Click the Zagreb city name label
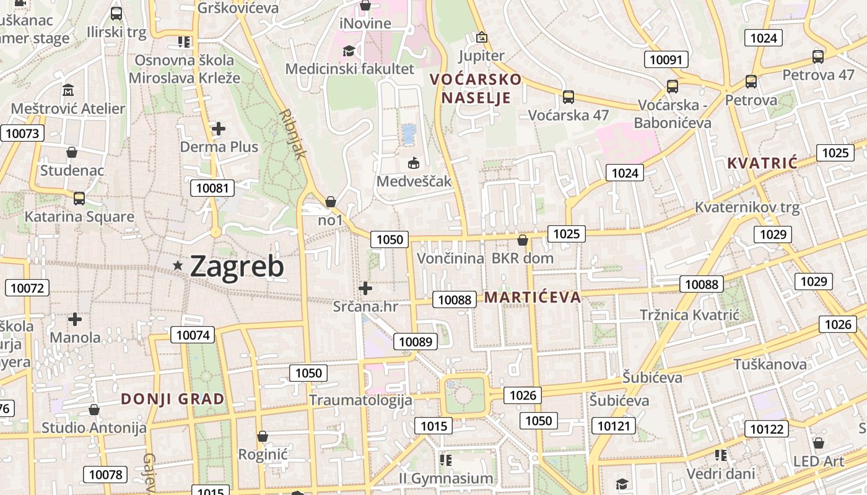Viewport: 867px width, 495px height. pos(237,266)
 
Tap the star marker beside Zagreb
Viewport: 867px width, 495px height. pos(178,265)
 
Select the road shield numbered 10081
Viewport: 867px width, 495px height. pos(212,188)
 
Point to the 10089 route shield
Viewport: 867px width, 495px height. pos(415,341)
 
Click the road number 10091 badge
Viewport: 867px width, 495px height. pos(666,59)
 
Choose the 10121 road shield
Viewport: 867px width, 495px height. pos(614,425)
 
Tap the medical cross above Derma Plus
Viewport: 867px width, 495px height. pos(218,129)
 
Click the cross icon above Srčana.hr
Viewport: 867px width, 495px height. pos(365,288)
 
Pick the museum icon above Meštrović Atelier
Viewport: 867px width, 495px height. pos(68,90)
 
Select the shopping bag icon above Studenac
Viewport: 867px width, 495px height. pos(72,152)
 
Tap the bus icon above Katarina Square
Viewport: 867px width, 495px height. pos(79,199)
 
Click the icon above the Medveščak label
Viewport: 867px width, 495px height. pos(414,163)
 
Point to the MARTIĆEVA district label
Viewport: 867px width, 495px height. pos(533,297)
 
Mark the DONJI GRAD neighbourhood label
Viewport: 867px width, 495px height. pos(173,398)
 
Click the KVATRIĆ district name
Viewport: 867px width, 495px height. pos(762,163)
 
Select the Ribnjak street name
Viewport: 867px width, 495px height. pos(292,134)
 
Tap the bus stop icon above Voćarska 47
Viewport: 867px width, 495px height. pos(568,97)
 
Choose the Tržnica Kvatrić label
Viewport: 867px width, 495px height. pos(689,315)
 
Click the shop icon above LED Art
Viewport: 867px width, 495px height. pos(819,443)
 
